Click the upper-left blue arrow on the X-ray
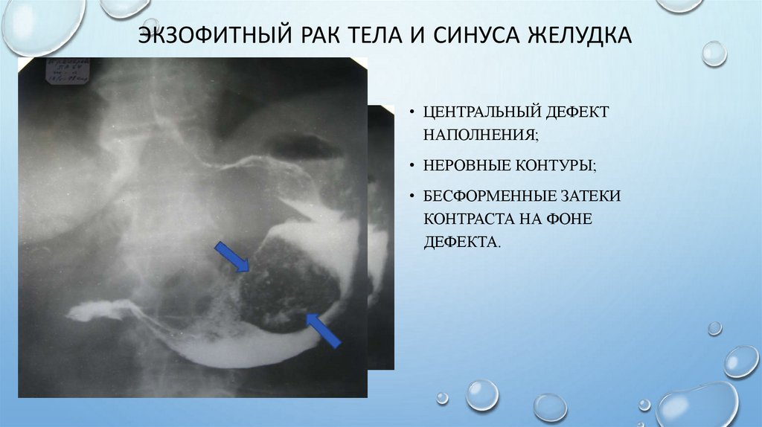tap(232, 257)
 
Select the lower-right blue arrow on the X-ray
tap(323, 330)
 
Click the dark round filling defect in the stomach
tap(286, 279)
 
